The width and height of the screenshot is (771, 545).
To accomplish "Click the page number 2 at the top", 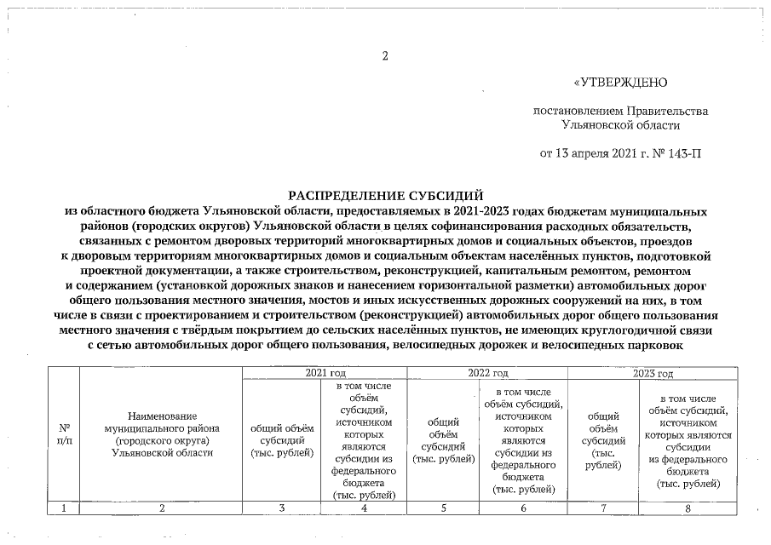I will click(385, 56).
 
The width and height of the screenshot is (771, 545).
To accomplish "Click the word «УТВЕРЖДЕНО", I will click(619, 83).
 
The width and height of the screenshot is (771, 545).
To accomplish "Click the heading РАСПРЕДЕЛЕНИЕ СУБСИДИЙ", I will click(384, 195).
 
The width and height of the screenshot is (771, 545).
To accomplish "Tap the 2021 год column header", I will click(325, 374).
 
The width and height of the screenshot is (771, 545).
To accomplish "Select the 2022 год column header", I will click(488, 374).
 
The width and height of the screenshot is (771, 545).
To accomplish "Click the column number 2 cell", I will click(161, 508).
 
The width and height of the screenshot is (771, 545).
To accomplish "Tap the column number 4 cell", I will click(365, 508).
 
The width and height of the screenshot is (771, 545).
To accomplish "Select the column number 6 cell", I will click(524, 508).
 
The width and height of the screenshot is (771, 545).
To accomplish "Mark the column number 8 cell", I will click(687, 508).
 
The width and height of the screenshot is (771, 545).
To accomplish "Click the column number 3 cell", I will click(282, 508).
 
